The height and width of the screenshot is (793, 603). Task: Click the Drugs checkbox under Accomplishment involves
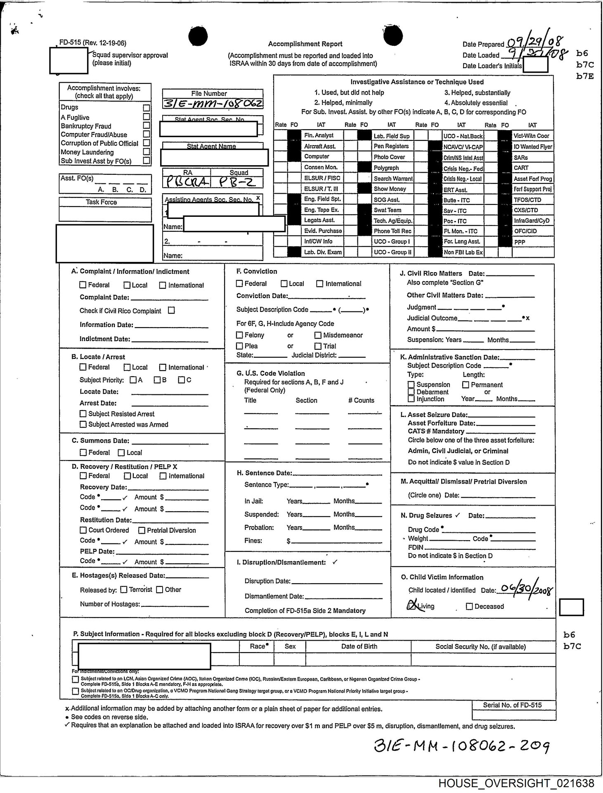tap(146, 108)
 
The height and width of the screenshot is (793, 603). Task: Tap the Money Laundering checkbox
tap(146, 152)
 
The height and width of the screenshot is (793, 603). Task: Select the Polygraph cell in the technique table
tap(386, 168)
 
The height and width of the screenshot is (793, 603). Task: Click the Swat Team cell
tap(387, 210)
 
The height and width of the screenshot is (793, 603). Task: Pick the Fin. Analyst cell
tap(318, 135)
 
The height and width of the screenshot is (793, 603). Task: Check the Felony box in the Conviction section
tap(239, 335)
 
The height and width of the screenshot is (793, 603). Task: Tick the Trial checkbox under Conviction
tap(318, 346)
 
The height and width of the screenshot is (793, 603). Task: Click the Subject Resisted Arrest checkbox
tap(83, 414)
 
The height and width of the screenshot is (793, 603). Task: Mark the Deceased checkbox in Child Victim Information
tap(469, 606)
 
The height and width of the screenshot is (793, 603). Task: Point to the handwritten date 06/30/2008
tap(525, 589)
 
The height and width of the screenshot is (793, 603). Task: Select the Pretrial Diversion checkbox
tap(142, 530)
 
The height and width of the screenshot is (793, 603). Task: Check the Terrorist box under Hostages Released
tap(124, 590)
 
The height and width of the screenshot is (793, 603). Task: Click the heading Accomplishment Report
tap(305, 44)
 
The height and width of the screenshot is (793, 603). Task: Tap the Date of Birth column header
tap(359, 646)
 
